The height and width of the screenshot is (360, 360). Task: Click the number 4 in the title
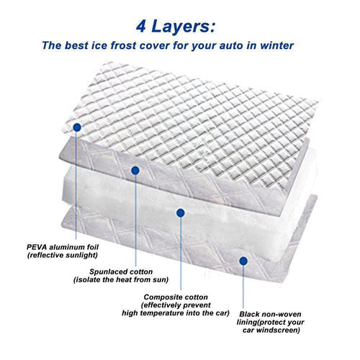click(141, 27)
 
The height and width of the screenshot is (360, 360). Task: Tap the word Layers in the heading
click(184, 27)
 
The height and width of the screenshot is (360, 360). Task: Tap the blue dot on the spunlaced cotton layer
click(135, 170)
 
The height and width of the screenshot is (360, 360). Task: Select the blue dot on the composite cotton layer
click(181, 212)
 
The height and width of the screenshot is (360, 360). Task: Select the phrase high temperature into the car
click(176, 313)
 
